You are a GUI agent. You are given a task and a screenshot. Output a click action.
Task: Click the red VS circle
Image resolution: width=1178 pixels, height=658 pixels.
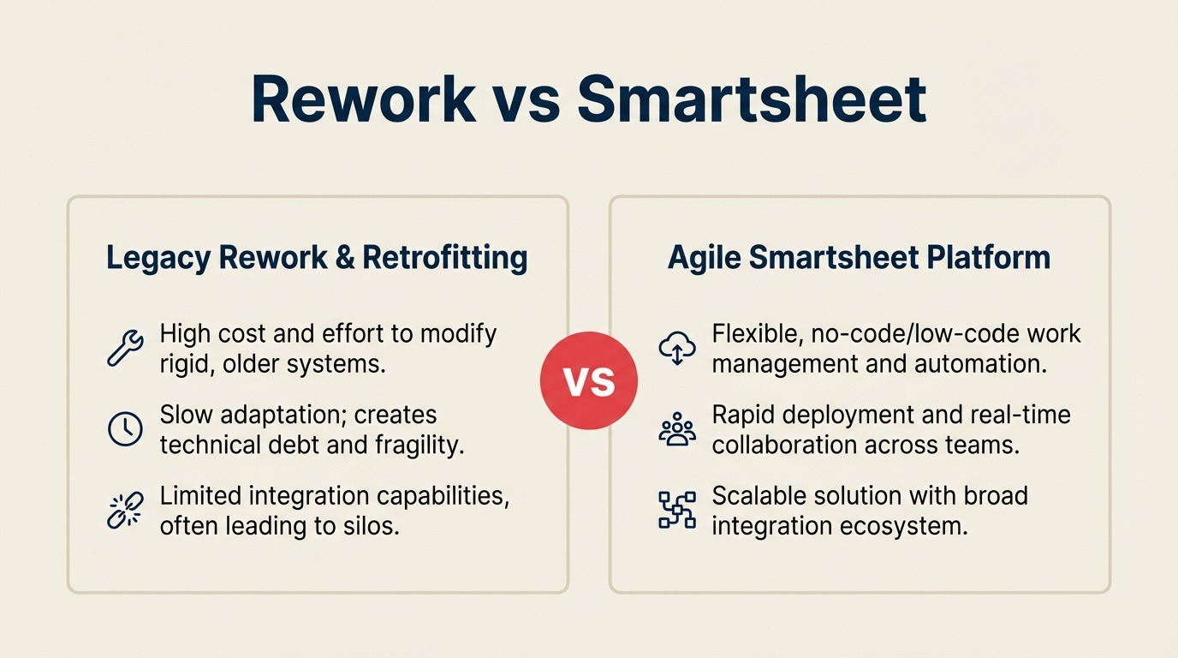coord(589,380)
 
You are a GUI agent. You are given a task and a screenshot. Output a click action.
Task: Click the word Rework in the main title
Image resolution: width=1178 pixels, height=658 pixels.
coord(364,100)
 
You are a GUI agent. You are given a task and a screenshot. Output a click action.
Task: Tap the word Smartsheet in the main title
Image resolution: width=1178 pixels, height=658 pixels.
coord(751,100)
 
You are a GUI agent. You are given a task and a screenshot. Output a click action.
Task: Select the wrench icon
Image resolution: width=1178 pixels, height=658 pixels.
coord(125,346)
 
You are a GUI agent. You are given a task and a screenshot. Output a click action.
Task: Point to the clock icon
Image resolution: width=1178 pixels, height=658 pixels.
coord(125,428)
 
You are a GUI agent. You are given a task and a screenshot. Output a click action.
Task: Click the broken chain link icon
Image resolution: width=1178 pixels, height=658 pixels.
coord(125,510)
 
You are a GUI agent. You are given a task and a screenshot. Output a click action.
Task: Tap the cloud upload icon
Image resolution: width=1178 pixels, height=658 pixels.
coord(677,347)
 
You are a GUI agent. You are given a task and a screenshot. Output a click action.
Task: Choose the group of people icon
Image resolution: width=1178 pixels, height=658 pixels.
coord(677,428)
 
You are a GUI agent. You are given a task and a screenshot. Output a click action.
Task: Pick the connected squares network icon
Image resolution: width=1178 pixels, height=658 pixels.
coord(677,510)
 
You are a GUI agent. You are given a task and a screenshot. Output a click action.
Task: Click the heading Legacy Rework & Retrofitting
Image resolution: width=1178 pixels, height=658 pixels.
coord(317,258)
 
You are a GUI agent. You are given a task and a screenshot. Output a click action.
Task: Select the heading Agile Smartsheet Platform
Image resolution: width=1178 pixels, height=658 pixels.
coord(859,258)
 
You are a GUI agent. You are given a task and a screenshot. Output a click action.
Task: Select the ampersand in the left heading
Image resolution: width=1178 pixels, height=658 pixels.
coord(344,258)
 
